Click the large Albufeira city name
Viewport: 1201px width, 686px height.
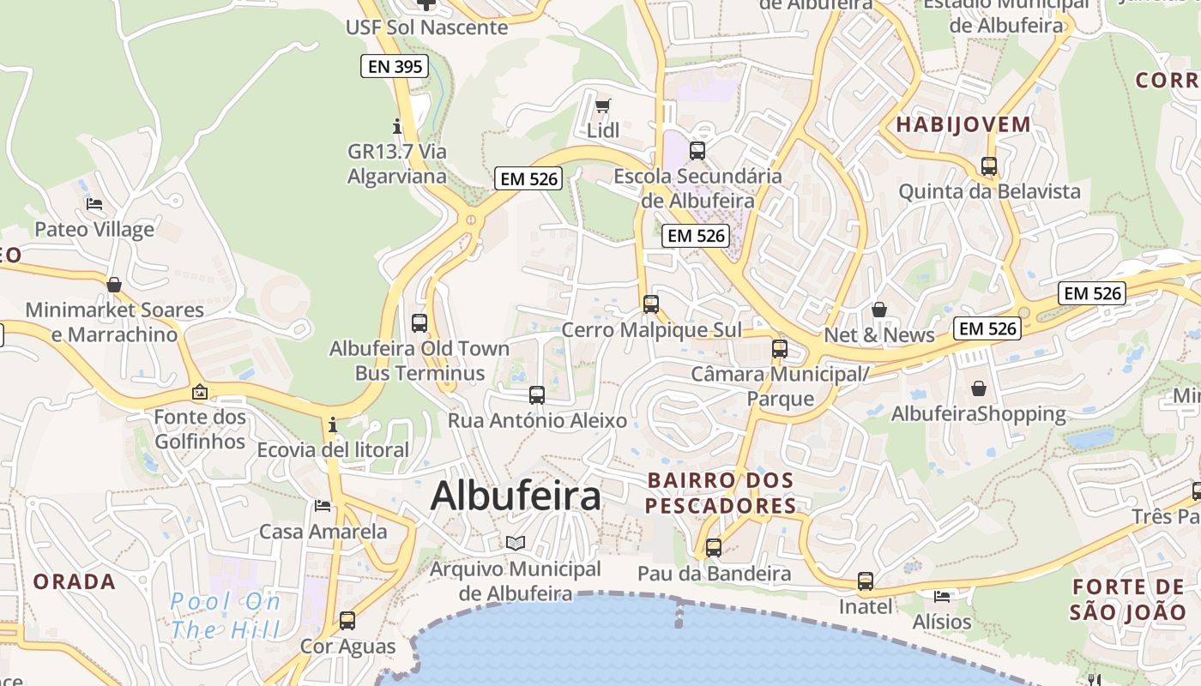coord(516,496)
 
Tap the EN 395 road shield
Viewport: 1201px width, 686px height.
coord(394,66)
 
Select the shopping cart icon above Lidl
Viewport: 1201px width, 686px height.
coord(603,106)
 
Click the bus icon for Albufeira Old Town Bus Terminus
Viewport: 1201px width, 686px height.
coord(419,323)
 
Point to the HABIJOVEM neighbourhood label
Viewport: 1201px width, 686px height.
coord(963,124)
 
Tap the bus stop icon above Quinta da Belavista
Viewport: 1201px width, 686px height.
coord(989,166)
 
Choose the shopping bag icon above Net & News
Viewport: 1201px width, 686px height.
coord(879,310)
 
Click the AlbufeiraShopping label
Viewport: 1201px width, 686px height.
coord(979,414)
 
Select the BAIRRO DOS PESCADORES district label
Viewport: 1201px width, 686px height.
coord(721,492)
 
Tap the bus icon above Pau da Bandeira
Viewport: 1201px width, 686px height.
coord(714,548)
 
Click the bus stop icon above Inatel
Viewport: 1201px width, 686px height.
coord(866,581)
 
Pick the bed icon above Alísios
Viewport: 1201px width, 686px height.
coord(942,596)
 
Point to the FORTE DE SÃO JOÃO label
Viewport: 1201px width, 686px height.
coord(1127,599)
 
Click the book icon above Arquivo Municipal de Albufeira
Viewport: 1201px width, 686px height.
coord(515,544)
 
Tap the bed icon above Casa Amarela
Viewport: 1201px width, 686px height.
coord(323,506)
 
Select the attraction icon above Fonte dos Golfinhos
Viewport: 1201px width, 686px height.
coord(200,392)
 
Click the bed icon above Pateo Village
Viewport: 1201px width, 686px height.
coord(94,204)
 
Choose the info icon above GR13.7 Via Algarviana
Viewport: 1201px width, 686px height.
coord(396,126)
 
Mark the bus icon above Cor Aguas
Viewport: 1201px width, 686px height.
coord(347,620)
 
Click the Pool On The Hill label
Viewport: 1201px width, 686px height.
coord(226,616)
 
